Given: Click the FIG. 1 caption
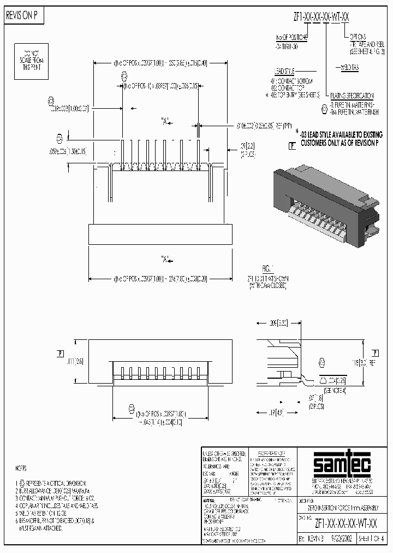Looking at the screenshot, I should [x=267, y=269].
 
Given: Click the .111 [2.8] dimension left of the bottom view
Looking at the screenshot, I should [x=74, y=361].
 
